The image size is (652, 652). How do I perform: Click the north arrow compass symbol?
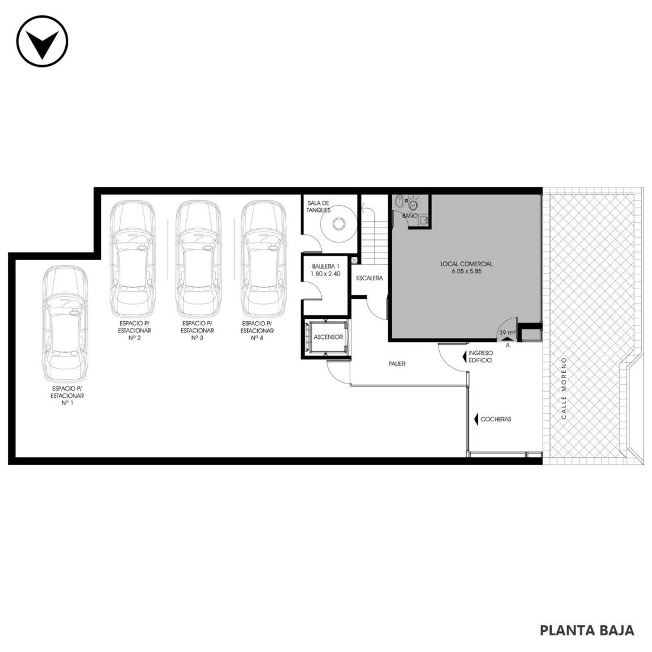(x=42, y=41)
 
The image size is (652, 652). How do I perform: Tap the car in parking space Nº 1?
(x=65, y=324)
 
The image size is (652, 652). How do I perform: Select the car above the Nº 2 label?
(x=132, y=258)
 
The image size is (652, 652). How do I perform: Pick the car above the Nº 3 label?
(x=199, y=258)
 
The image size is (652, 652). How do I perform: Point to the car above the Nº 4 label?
(x=264, y=258)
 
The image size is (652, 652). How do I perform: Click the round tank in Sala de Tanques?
(x=338, y=224)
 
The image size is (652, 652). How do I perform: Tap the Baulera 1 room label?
(x=325, y=266)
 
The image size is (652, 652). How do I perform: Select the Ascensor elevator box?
(x=327, y=337)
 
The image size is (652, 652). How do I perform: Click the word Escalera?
(x=369, y=278)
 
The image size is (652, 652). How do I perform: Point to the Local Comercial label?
(x=466, y=264)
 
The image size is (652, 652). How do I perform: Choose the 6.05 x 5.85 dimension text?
(x=466, y=271)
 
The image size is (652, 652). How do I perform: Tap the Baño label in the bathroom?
(x=410, y=216)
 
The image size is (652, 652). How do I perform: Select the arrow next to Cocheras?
(x=476, y=419)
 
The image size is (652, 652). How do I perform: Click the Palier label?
(x=397, y=363)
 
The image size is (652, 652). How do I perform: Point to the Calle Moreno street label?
(x=564, y=388)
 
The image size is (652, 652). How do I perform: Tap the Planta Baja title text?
(x=587, y=631)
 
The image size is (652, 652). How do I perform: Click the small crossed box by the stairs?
(x=354, y=260)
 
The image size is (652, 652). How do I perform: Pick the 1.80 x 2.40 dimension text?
(x=325, y=274)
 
